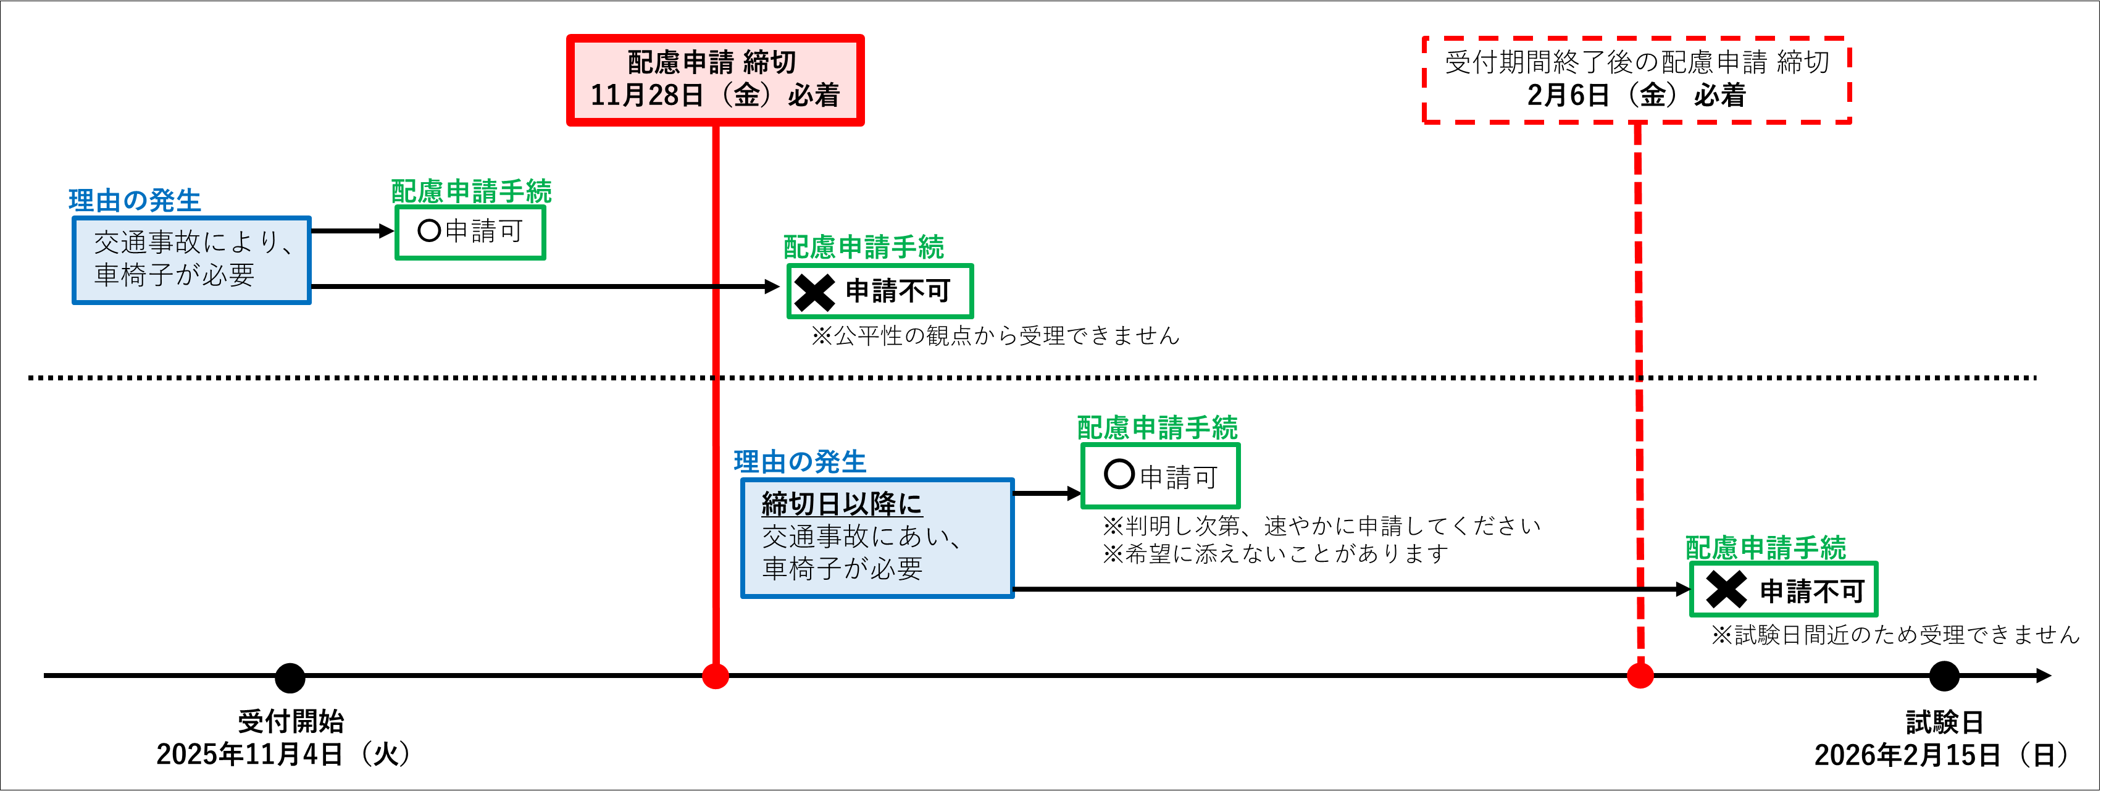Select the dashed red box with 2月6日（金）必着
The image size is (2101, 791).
tap(1636, 80)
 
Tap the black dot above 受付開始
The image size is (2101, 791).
tap(290, 677)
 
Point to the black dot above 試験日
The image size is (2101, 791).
tap(1944, 676)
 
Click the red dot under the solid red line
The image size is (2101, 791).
tap(716, 676)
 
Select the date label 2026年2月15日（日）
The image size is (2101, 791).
tap(1942, 755)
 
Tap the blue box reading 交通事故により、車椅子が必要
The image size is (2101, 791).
tap(191, 260)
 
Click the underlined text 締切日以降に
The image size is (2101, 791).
tap(842, 504)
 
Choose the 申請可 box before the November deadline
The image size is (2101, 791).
tap(470, 232)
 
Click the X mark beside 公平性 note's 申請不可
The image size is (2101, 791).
tap(814, 292)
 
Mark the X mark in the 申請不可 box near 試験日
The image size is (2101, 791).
tap(1726, 590)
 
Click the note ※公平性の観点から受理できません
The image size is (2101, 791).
tap(995, 336)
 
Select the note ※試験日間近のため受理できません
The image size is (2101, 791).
tap(1895, 634)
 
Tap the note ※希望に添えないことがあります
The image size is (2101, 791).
tap(1275, 554)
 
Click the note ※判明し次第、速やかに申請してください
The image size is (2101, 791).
tap(1321, 526)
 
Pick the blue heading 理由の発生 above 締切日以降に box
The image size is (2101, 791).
tap(800, 461)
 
